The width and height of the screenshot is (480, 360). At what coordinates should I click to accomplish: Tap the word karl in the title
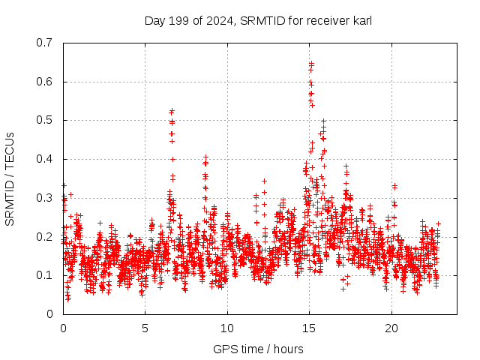point(361,21)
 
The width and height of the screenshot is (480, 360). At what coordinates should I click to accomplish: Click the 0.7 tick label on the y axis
point(46,43)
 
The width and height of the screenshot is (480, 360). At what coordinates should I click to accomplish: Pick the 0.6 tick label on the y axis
point(46,82)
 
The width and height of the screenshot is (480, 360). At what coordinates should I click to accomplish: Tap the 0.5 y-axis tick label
point(46,120)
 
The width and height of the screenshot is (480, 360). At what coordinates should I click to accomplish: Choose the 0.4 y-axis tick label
point(46,159)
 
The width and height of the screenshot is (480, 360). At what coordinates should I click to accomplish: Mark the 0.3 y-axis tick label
point(46,198)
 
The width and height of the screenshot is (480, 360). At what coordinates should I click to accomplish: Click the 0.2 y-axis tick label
point(46,236)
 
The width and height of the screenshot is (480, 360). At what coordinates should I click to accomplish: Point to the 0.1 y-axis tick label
point(46,275)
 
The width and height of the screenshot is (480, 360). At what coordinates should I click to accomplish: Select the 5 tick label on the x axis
point(145,328)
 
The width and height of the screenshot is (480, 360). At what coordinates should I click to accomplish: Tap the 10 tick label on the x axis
point(227,328)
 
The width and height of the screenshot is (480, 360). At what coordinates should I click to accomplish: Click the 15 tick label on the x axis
point(309,328)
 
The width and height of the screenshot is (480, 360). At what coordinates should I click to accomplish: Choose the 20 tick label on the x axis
point(391,328)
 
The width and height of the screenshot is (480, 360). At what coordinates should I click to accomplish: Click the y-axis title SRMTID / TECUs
point(10,178)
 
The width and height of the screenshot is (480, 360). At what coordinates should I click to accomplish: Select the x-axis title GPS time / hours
point(258,349)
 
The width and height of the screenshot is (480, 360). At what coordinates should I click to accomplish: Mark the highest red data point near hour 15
point(311,64)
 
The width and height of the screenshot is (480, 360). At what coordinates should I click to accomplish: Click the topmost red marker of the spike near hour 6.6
point(172,111)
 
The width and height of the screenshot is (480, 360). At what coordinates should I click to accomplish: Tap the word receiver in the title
point(325,21)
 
